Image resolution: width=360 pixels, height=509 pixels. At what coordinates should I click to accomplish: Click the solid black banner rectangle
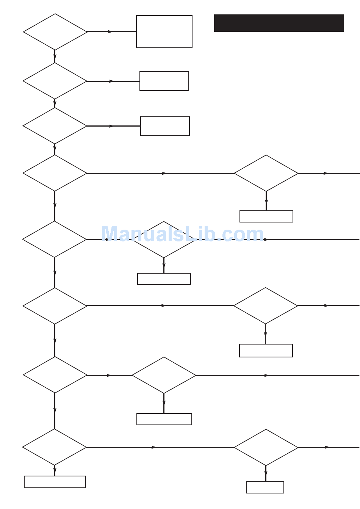coord(279,23)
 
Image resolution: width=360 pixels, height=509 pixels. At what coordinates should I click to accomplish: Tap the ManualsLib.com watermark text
coord(182,234)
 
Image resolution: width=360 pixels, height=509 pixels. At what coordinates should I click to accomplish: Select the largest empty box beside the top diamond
coord(164,32)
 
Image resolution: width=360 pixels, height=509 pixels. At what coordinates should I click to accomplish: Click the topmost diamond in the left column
coord(55,32)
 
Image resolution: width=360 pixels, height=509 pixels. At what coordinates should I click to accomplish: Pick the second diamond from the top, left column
coord(55,81)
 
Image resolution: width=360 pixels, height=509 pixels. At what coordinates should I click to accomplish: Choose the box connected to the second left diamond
coord(164,81)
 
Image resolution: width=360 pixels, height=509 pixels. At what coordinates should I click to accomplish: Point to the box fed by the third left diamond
coord(165,126)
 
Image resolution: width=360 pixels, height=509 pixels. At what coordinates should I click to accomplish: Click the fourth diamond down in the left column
coord(55,173)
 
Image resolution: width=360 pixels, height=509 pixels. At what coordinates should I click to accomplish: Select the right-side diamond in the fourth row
coord(266,173)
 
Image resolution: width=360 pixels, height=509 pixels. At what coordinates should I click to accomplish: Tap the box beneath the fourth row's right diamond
coord(266,216)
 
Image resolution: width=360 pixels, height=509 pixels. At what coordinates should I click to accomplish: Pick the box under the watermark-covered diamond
coord(164,279)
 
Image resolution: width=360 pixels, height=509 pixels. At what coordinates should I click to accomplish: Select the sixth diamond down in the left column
coord(55,306)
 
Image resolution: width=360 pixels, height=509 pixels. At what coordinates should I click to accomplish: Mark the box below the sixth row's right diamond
coord(266,351)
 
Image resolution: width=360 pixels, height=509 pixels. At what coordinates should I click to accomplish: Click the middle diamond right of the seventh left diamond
coord(164,375)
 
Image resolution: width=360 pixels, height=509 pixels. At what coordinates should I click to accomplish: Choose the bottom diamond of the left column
coord(55,447)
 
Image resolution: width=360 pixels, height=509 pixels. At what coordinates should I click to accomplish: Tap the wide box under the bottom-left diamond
coord(55,482)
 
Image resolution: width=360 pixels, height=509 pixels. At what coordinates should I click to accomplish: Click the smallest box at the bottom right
coord(265,487)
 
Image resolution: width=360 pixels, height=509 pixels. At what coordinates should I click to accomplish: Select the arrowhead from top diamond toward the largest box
coord(110,32)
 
